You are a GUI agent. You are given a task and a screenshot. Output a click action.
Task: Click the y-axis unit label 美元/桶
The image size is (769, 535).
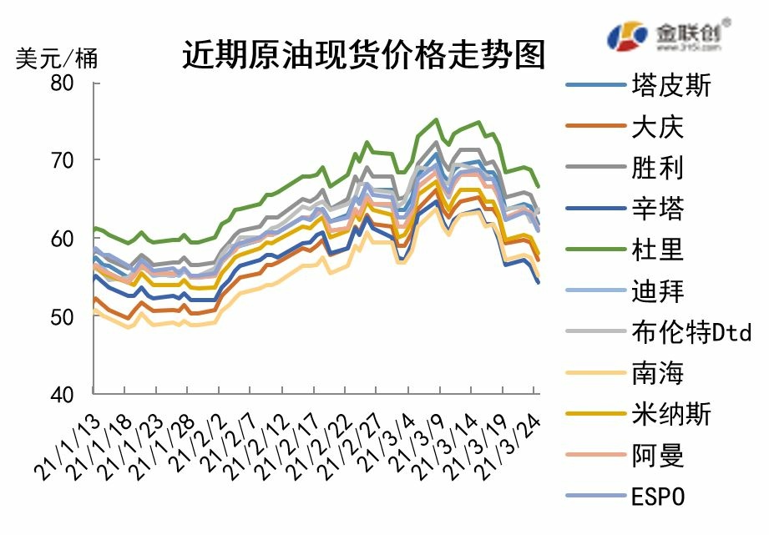click(x=57, y=58)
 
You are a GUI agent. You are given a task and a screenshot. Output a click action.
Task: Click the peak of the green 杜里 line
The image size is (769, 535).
click(x=437, y=119)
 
